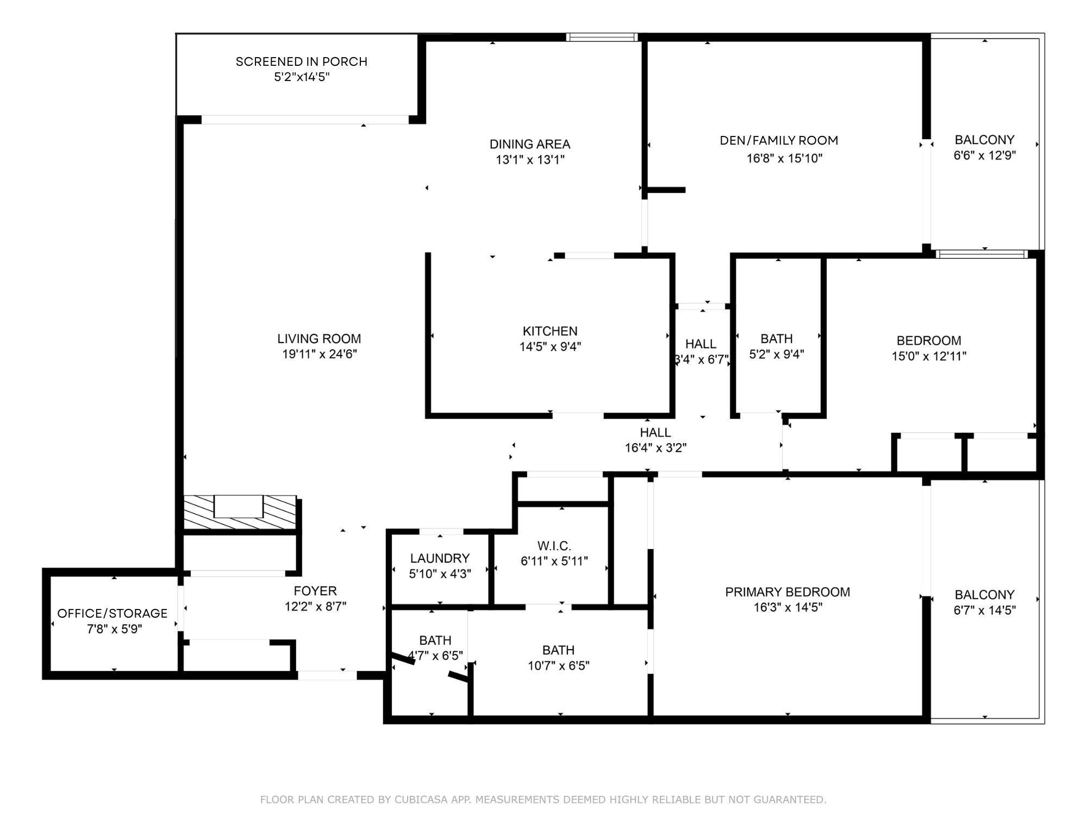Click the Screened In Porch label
pyautogui.click(x=302, y=61)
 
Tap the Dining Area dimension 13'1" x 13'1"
pyautogui.click(x=530, y=159)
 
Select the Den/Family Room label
pyautogui.click(x=779, y=140)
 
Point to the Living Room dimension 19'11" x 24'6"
pyautogui.click(x=319, y=354)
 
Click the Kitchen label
pyautogui.click(x=550, y=331)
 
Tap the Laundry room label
pyautogui.click(x=440, y=558)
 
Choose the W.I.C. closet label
pyautogui.click(x=554, y=546)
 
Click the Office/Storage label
pyautogui.click(x=113, y=613)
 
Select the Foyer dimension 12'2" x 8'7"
pyautogui.click(x=315, y=606)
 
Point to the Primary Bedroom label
pyautogui.click(x=788, y=592)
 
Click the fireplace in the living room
pyautogui.click(x=240, y=512)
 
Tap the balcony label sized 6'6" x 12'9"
pyautogui.click(x=984, y=140)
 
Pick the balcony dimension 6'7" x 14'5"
pyautogui.click(x=984, y=610)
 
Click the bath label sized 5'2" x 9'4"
pyautogui.click(x=777, y=339)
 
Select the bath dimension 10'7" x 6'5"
pyautogui.click(x=558, y=665)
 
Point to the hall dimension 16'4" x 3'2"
pyautogui.click(x=655, y=448)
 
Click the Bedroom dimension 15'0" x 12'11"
pyautogui.click(x=929, y=356)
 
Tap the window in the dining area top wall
pyautogui.click(x=602, y=38)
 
